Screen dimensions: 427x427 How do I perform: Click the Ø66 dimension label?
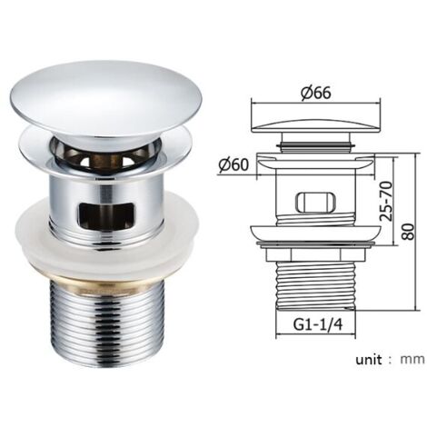316,92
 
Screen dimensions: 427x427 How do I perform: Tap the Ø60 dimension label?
233,165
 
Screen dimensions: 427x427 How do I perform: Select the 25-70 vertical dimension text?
386,201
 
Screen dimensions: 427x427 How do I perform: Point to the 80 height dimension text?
409,232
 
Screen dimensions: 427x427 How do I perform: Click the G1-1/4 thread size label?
318,325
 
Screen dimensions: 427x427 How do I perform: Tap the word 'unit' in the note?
369,360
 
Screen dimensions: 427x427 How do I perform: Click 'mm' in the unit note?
412,360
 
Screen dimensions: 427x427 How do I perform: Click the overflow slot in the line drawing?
316,202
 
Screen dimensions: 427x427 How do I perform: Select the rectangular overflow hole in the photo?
105,215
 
